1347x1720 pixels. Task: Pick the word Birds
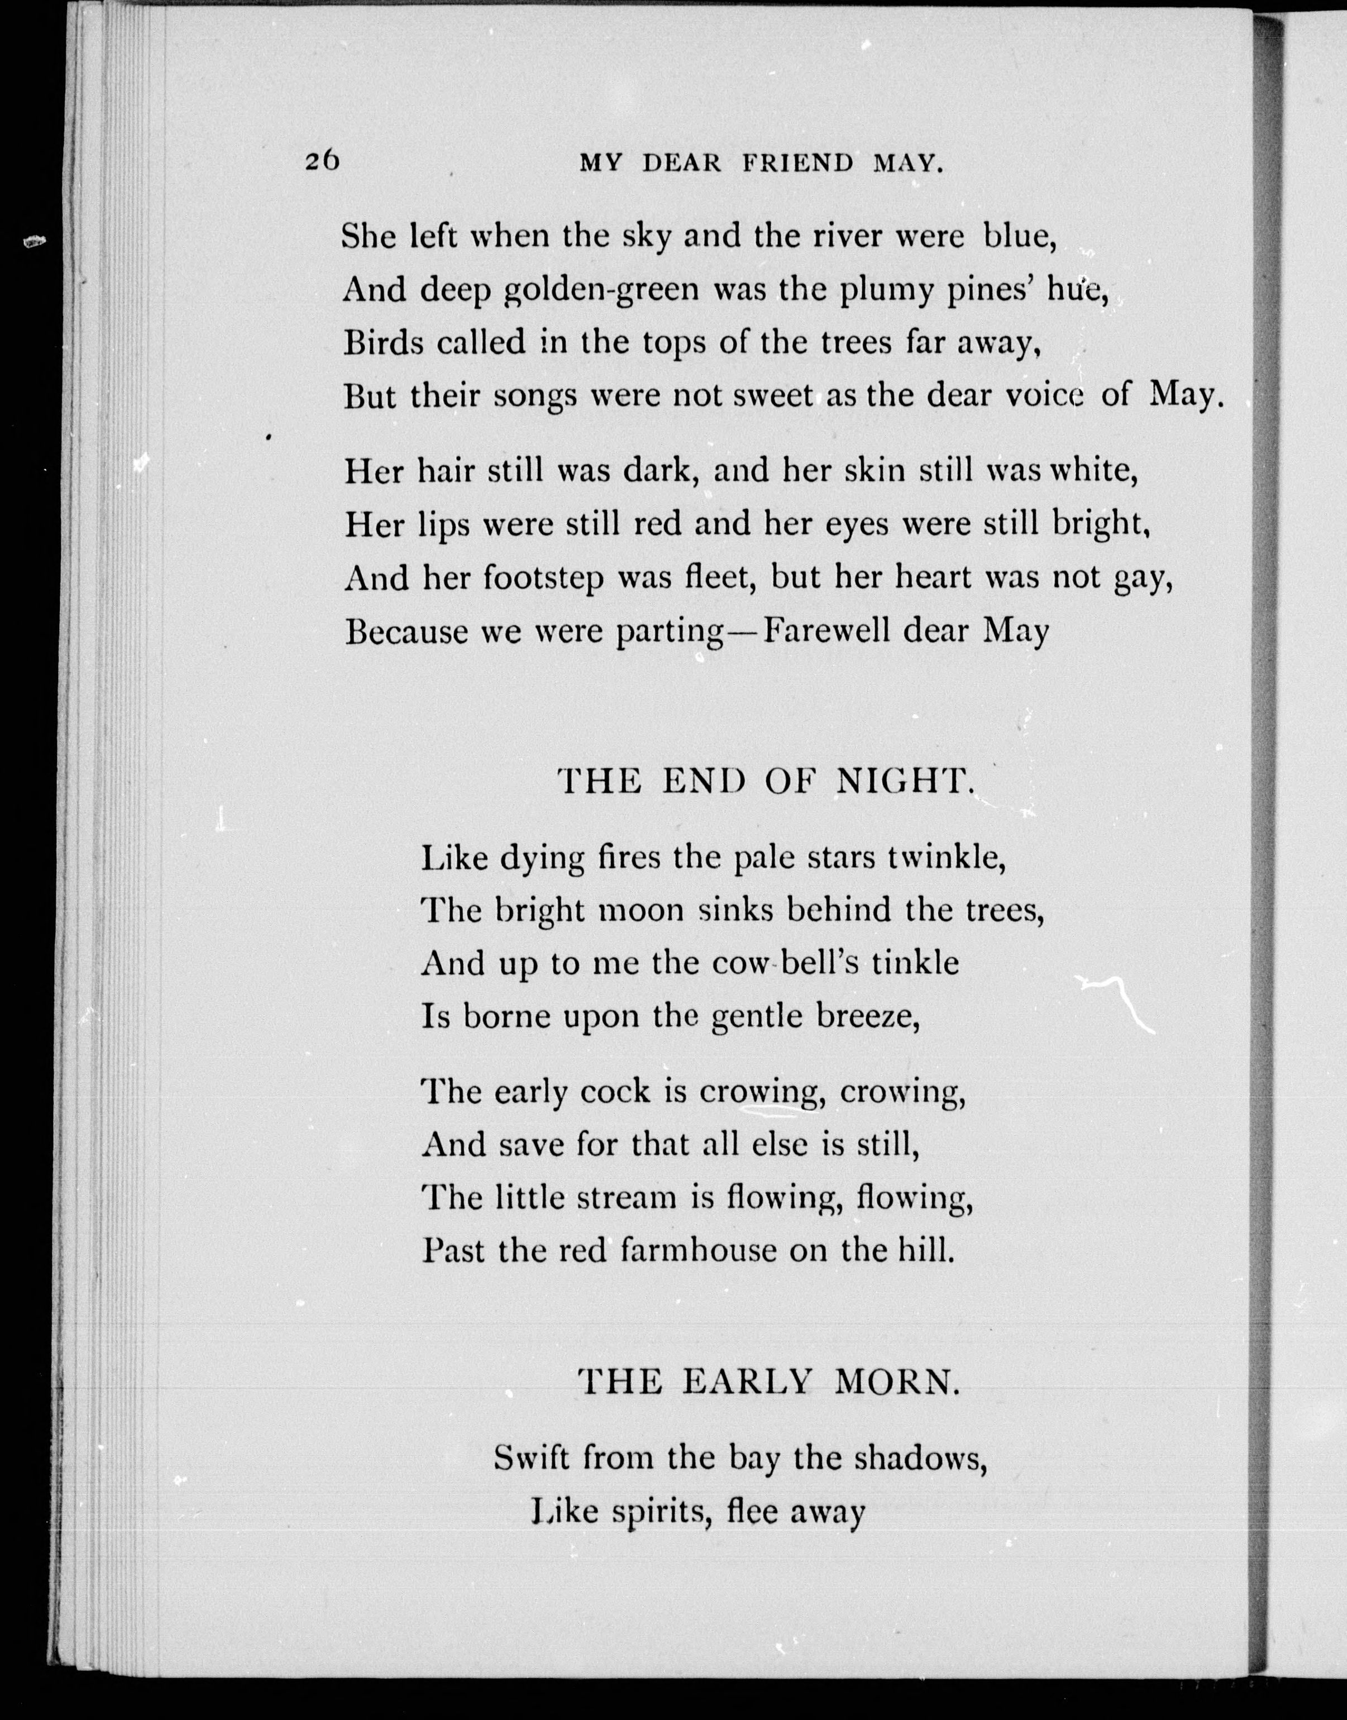point(379,343)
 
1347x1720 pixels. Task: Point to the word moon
point(641,911)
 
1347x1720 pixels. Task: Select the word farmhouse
point(698,1250)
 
